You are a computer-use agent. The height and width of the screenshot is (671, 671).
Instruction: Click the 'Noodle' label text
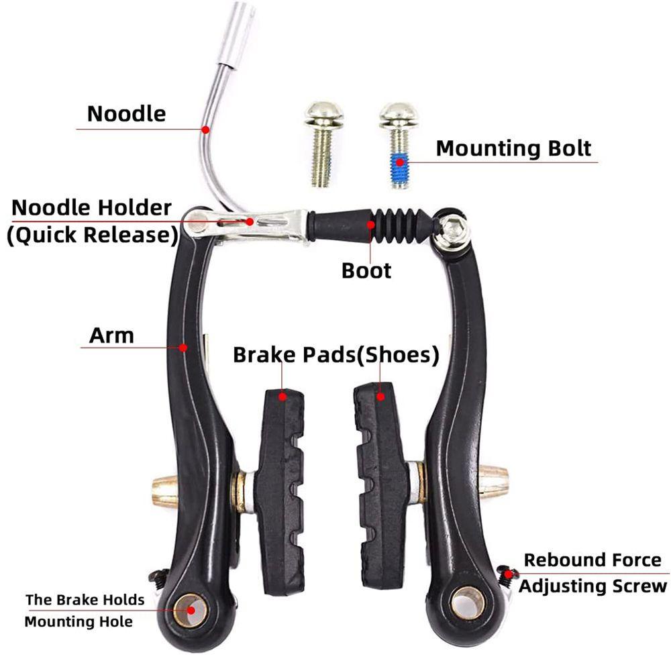126,114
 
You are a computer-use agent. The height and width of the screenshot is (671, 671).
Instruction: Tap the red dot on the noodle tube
206,130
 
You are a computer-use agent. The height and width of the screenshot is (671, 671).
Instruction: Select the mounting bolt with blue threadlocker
399,146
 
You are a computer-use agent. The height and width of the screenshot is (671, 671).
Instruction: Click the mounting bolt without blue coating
323,144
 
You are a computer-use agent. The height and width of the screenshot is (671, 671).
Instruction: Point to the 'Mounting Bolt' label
513,148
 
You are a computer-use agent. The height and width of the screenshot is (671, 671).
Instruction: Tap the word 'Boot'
366,271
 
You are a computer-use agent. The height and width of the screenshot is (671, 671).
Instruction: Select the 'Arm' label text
111,335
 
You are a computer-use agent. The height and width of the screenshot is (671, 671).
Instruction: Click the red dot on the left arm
183,348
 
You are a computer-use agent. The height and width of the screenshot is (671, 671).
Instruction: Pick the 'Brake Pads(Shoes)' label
336,355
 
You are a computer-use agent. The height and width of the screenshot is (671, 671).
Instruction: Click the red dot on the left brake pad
282,397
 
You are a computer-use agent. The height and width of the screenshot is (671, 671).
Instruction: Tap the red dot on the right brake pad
380,397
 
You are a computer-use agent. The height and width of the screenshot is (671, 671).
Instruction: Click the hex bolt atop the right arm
452,229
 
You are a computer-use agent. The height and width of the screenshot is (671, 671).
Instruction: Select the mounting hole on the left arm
190,610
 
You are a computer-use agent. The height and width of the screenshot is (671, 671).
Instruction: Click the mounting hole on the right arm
468,603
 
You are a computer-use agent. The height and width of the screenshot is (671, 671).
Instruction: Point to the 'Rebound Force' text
592,560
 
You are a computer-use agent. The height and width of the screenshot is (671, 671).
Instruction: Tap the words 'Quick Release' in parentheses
93,235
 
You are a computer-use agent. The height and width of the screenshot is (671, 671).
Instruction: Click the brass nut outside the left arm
165,491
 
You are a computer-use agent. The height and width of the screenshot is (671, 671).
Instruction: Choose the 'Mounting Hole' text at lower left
79,621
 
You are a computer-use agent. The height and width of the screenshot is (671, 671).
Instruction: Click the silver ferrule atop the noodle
236,34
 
